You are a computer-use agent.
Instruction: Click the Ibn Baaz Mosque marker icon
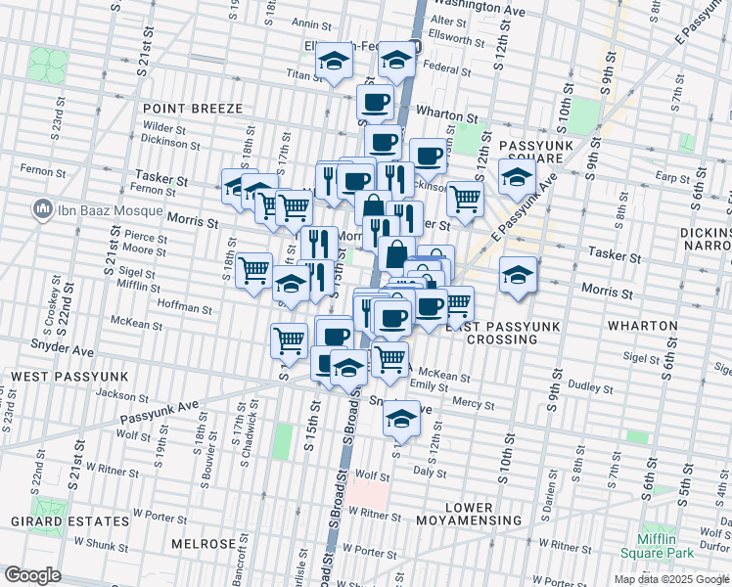(x=42, y=208)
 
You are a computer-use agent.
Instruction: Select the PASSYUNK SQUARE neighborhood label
(x=531, y=152)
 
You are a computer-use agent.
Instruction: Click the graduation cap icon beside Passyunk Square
(x=517, y=177)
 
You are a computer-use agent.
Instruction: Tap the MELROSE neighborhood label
(x=204, y=544)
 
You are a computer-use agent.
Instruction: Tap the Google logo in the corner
(x=32, y=575)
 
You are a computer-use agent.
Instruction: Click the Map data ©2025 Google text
(x=670, y=579)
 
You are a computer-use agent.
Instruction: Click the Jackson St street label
(x=121, y=395)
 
